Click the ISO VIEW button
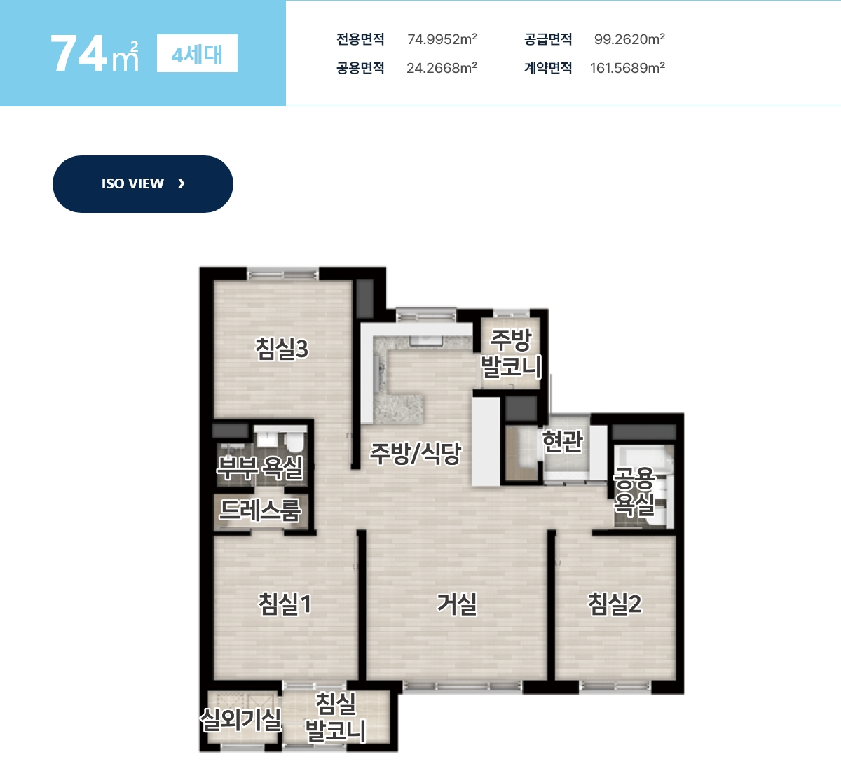[x=142, y=184]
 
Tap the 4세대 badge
[x=197, y=53]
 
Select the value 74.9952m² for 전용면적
[x=442, y=39]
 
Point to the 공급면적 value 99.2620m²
[x=629, y=39]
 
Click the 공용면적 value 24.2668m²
[x=442, y=67]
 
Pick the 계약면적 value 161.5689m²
[x=627, y=67]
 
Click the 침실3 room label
[x=282, y=349]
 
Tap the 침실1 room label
[x=285, y=604]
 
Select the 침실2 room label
[x=615, y=604]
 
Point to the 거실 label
[x=457, y=604]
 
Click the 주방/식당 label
[x=415, y=453]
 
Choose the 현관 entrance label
[x=563, y=440]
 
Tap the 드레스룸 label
[x=260, y=510]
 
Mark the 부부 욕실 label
[x=260, y=468]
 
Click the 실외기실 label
[x=240, y=720]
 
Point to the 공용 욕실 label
[x=634, y=492]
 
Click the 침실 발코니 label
[x=336, y=717]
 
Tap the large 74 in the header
[x=78, y=54]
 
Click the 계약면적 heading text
[x=548, y=67]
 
